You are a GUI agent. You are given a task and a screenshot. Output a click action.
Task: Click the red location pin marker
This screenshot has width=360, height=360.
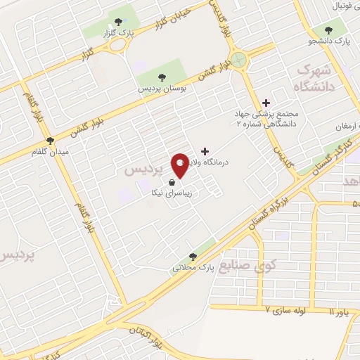180,165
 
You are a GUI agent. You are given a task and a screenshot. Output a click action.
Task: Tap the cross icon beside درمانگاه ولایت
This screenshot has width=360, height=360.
205,150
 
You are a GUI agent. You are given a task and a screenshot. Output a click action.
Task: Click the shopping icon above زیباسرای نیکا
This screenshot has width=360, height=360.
172,181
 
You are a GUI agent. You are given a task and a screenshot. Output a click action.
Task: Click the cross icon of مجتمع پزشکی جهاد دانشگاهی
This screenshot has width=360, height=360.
266,103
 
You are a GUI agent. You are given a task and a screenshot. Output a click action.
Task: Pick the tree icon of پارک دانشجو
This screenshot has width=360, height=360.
328,30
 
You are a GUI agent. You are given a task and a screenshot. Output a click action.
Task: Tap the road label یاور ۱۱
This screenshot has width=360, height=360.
342,311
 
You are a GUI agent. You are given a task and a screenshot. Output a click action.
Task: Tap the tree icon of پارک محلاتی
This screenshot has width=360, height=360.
193,257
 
